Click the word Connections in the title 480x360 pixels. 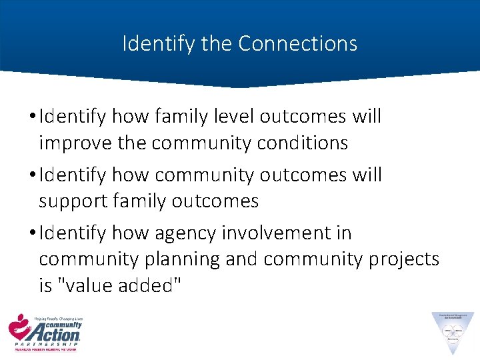click(x=297, y=44)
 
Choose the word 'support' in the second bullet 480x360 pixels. click(x=74, y=201)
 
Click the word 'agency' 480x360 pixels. click(x=185, y=233)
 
